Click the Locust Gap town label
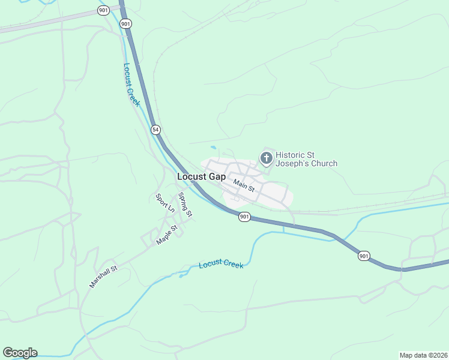click(x=201, y=177)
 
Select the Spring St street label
click(x=185, y=205)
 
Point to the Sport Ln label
click(x=164, y=203)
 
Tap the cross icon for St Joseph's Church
click(x=266, y=158)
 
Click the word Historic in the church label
click(x=291, y=154)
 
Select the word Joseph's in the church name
click(x=292, y=163)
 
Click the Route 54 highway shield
click(x=155, y=130)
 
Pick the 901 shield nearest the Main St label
click(x=244, y=217)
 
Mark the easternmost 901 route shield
click(x=364, y=256)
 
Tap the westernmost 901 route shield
click(x=103, y=11)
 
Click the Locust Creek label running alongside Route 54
click(x=131, y=85)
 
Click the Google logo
click(x=20, y=353)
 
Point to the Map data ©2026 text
click(x=423, y=355)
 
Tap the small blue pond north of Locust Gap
click(x=214, y=147)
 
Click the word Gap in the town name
click(x=217, y=177)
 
